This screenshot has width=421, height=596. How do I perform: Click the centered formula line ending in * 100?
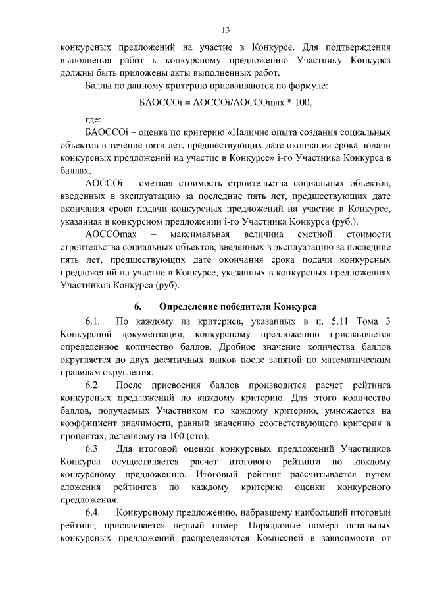pos(225,103)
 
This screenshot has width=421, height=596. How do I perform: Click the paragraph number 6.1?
pos(93,321)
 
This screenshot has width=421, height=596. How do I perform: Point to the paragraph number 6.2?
pos(93,385)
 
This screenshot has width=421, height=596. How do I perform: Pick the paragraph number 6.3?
pos(93,449)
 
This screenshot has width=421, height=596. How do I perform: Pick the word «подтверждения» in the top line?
pos(358,47)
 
